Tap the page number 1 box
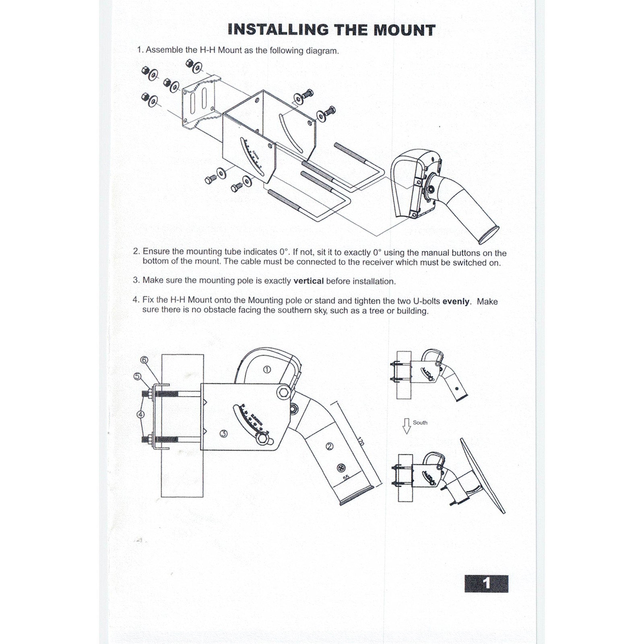point(486,583)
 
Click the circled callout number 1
point(266,369)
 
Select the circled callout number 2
point(329,446)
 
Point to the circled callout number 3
point(224,433)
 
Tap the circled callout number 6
point(144,360)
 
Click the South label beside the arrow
point(420,423)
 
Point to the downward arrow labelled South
point(407,425)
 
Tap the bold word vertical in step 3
point(308,281)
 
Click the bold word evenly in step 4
point(456,301)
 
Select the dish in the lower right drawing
point(482,475)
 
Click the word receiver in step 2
point(378,262)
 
